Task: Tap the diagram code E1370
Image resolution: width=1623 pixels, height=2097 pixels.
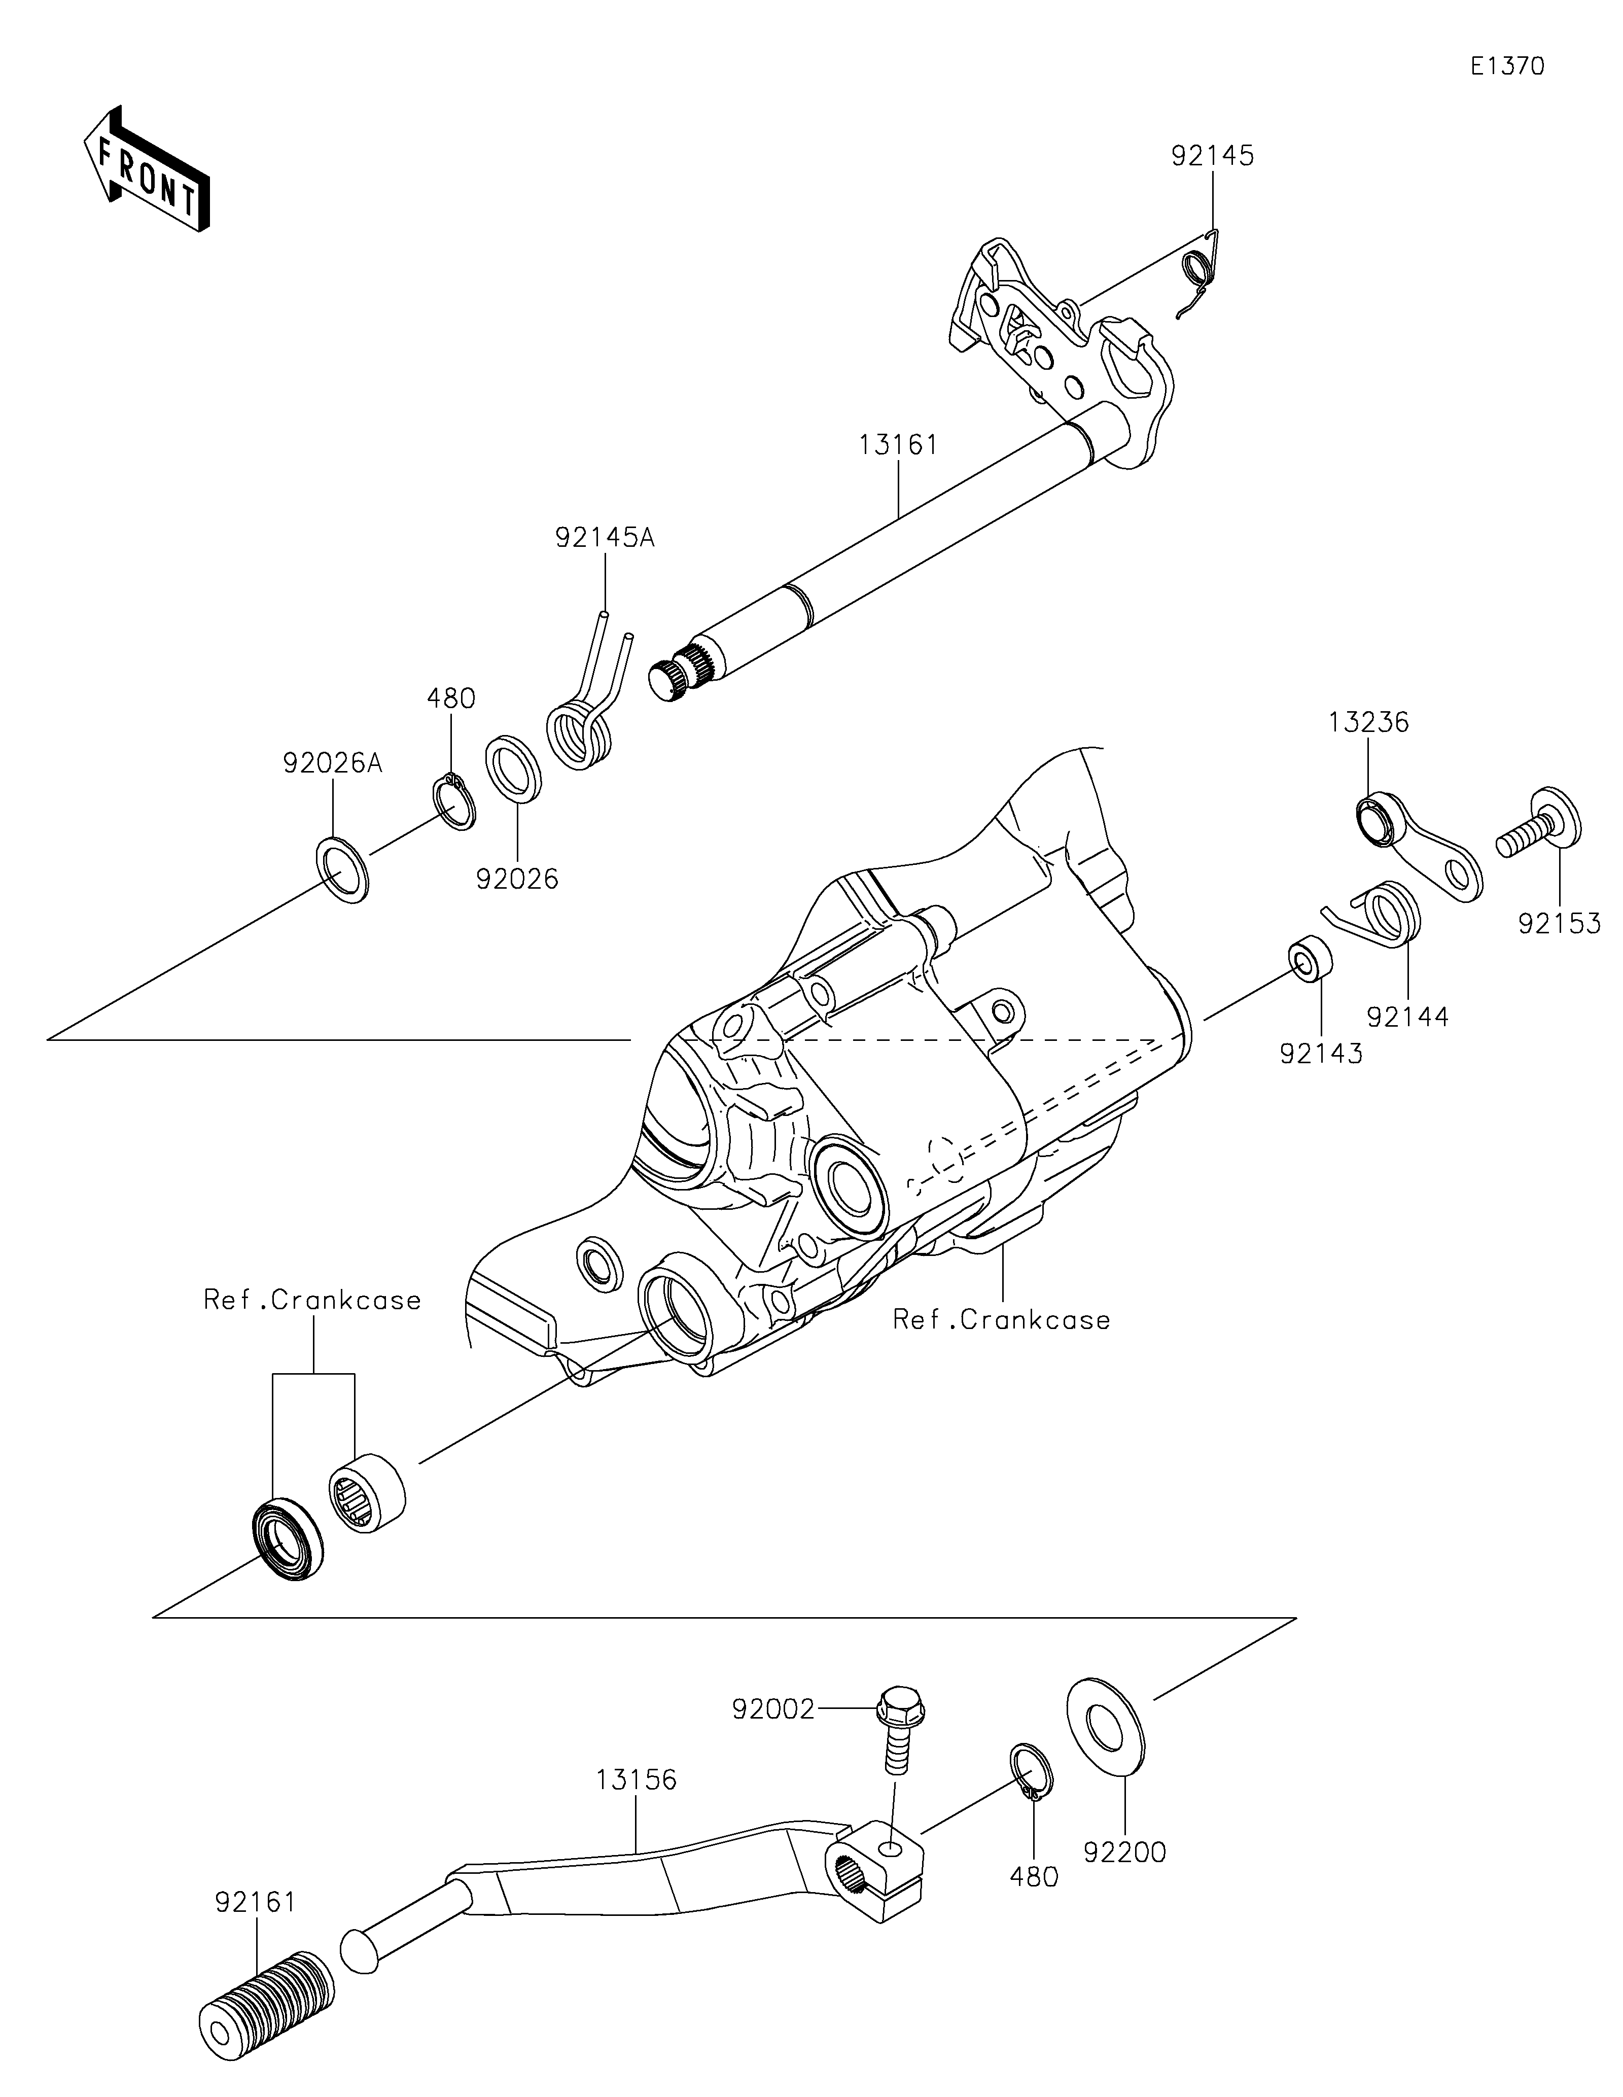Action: (x=1508, y=66)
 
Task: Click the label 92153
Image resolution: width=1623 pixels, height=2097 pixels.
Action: (x=1560, y=924)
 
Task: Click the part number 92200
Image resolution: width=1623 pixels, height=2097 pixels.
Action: (x=1125, y=1852)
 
